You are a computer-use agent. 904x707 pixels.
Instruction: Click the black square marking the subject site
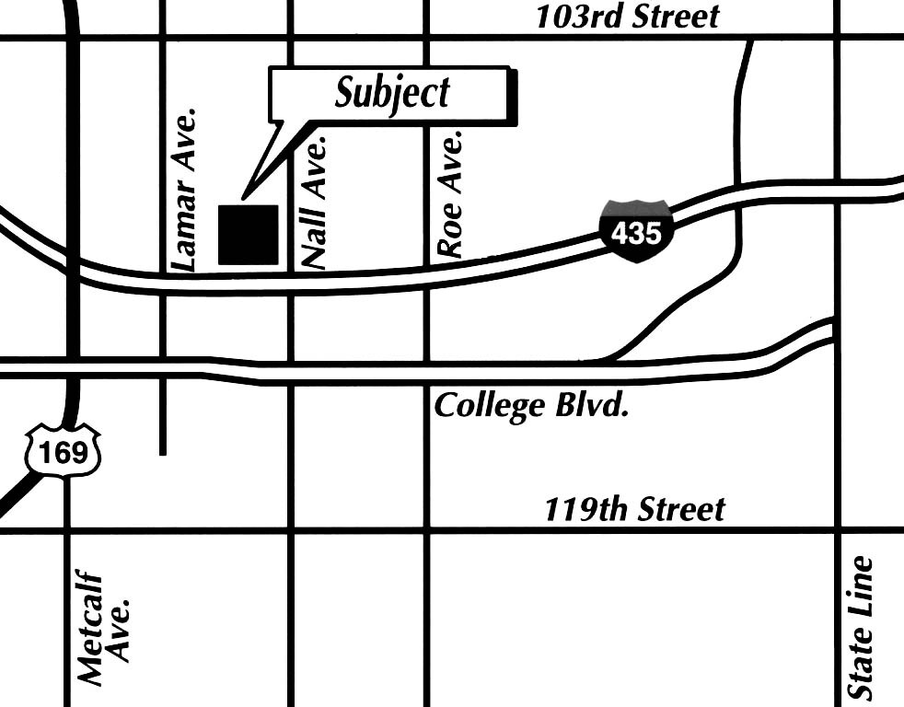(248, 235)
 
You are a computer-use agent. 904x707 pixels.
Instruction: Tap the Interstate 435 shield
(636, 230)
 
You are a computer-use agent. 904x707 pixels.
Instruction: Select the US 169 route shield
(63, 450)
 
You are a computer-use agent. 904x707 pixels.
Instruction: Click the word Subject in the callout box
(392, 93)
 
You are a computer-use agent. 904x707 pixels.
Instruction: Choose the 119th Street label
(634, 508)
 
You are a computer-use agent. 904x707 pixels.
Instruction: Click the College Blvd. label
(531, 406)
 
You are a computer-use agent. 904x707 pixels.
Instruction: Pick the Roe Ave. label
(449, 195)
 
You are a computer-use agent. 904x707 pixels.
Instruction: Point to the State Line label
(861, 626)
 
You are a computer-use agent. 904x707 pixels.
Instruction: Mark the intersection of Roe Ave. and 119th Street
(427, 530)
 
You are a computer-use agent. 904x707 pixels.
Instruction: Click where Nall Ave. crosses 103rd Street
(291, 38)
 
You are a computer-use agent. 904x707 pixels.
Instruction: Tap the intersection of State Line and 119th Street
(838, 530)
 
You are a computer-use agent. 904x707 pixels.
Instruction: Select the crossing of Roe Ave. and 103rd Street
(427, 38)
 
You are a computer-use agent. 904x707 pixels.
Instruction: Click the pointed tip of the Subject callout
(243, 197)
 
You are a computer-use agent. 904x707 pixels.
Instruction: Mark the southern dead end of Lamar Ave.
(163, 452)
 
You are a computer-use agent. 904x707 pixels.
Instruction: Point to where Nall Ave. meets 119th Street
(291, 530)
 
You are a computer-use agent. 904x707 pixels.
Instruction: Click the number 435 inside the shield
(636, 233)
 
